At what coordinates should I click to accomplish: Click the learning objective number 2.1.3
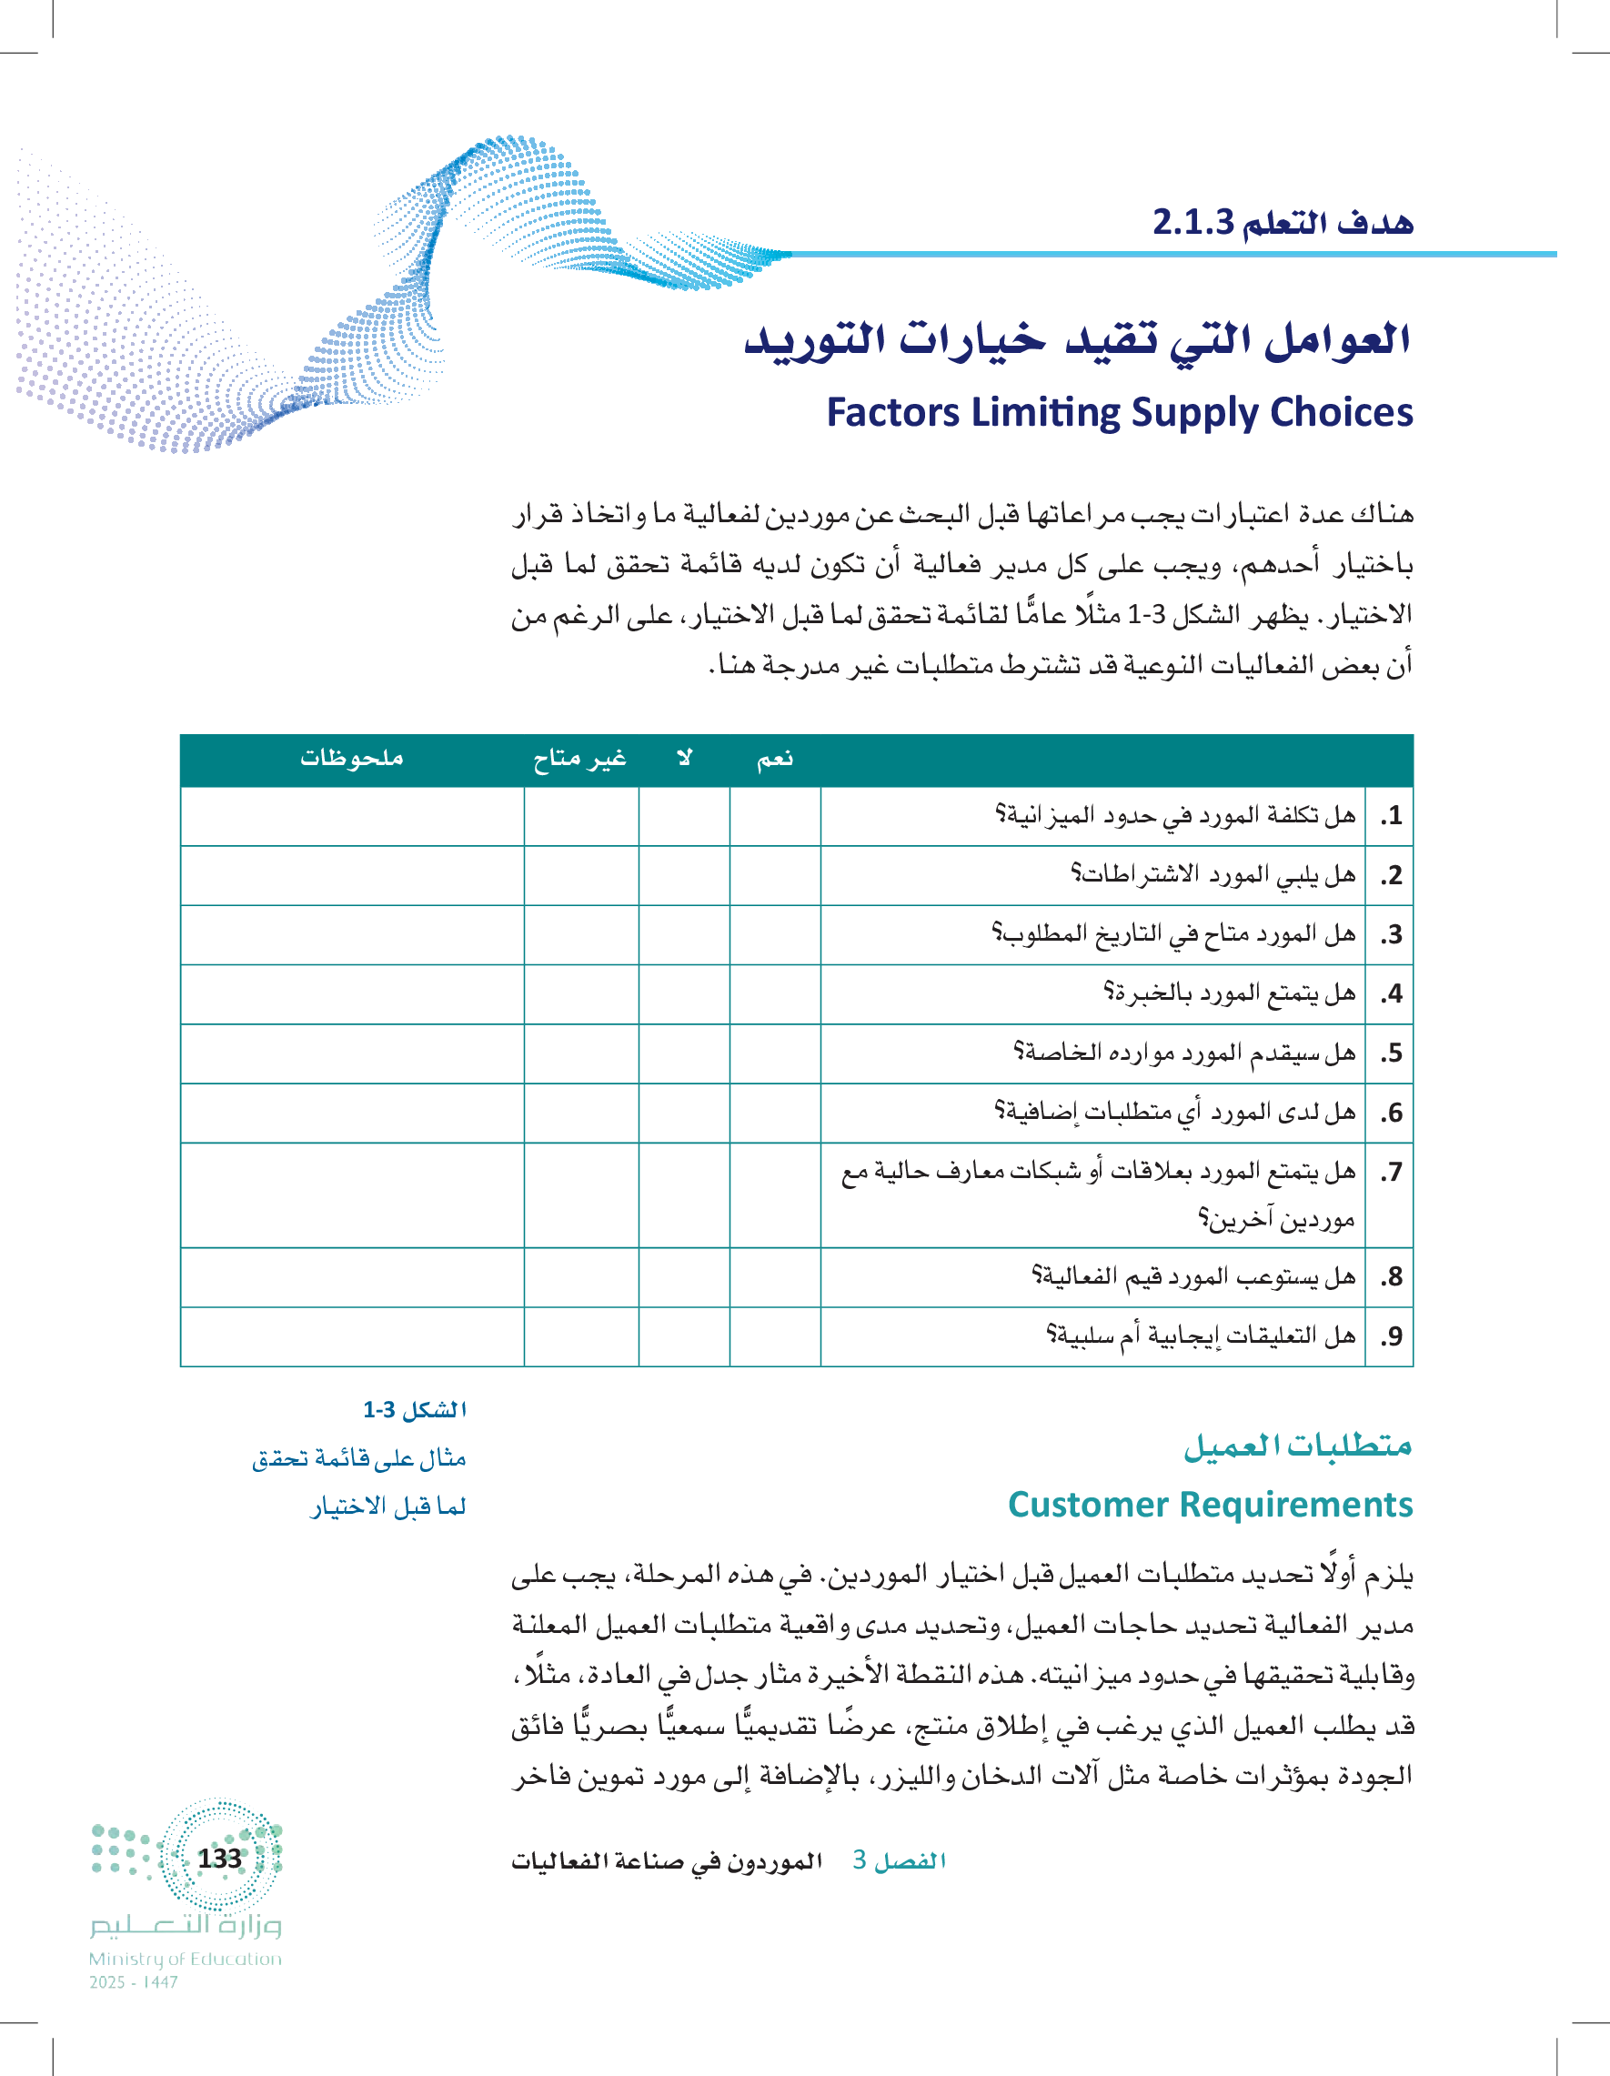coord(1192,222)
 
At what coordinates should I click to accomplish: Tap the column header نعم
coord(775,759)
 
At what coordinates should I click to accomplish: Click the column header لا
coord(684,759)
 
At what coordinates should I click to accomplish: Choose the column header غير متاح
coord(579,759)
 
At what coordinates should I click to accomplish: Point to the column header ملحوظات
coord(352,759)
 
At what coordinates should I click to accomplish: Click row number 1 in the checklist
coord(1391,815)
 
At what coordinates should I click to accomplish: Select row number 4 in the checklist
coord(1391,994)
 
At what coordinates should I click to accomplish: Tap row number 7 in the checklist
coord(1391,1172)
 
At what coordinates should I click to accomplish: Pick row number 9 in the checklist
coord(1391,1336)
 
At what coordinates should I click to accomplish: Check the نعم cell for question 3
coord(775,934)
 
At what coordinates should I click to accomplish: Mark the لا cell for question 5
coord(684,1053)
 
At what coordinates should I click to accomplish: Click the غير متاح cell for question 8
coord(580,1276)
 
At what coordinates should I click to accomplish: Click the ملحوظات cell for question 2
coord(352,874)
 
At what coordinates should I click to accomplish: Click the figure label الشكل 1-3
coord(415,1410)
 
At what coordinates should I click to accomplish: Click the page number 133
coord(219,1859)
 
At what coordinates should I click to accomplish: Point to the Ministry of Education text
coord(186,1959)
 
